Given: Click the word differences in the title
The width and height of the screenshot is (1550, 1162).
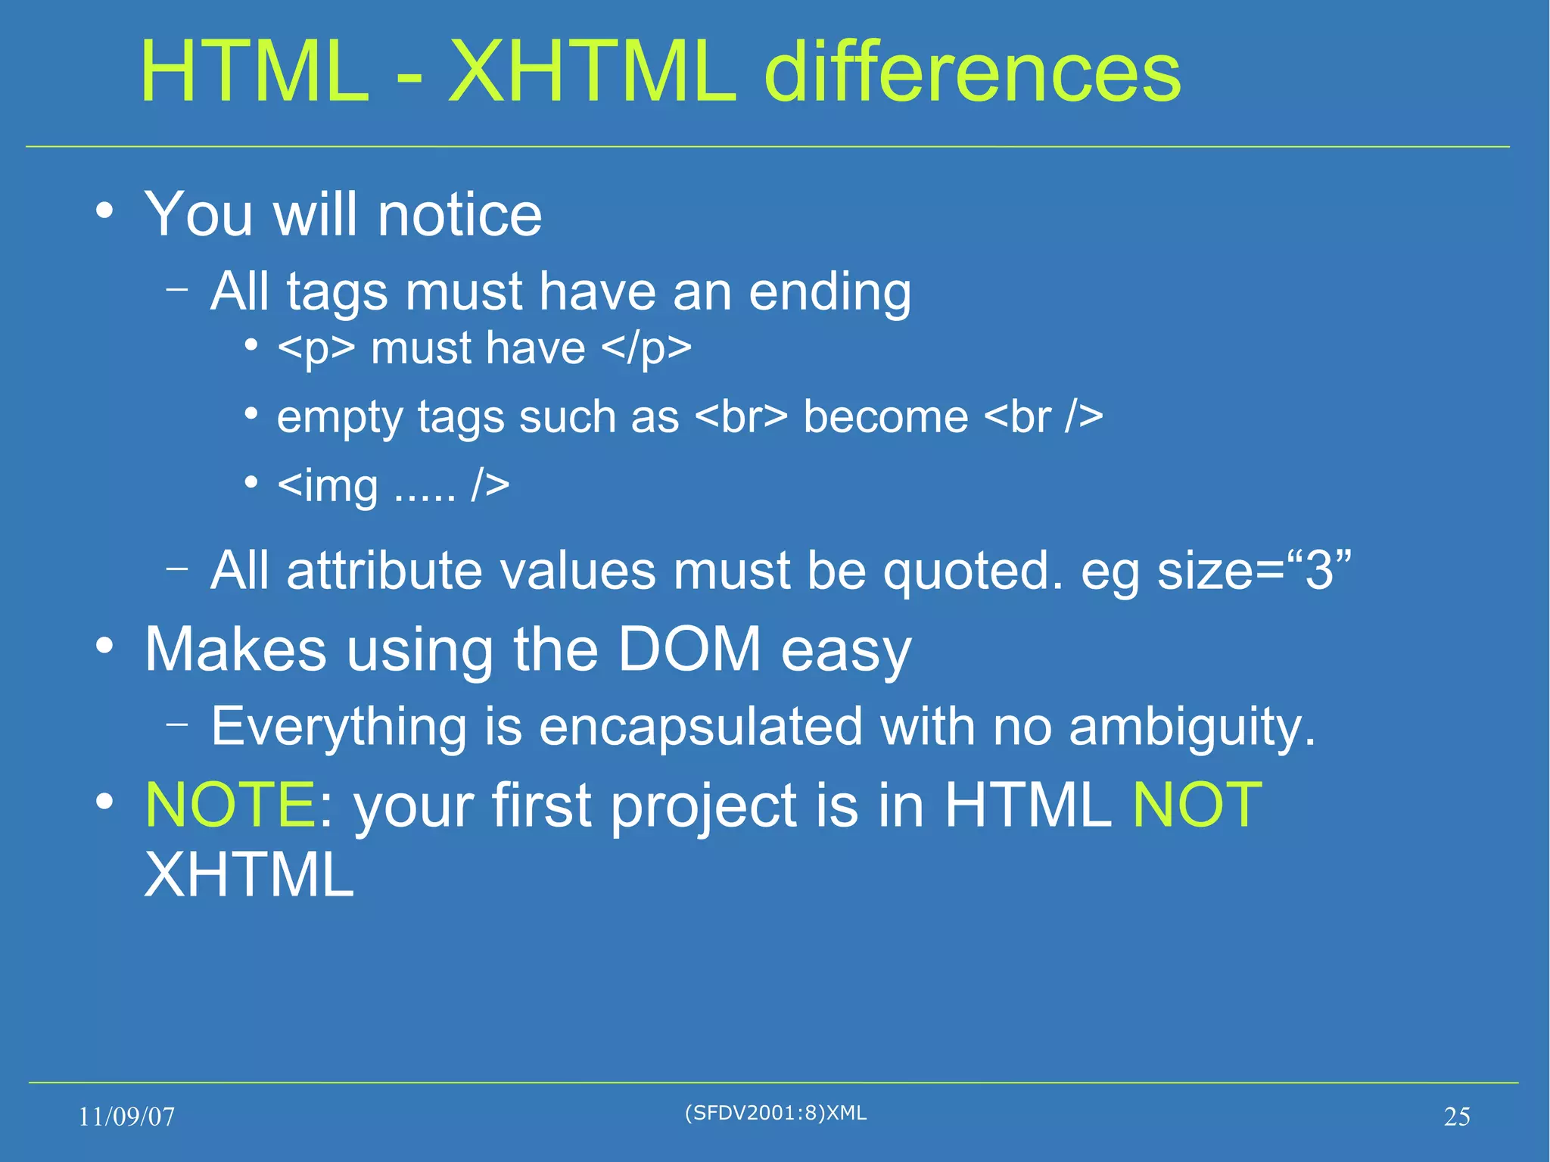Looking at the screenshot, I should point(972,72).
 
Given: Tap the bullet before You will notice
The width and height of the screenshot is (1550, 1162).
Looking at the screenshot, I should point(105,210).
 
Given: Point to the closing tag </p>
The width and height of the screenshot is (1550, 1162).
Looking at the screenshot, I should point(646,349).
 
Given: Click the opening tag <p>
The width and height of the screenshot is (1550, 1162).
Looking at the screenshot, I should point(316,349).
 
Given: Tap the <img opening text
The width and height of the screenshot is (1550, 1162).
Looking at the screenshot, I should point(328,486).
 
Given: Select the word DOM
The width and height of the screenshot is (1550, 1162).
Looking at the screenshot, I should point(689,650).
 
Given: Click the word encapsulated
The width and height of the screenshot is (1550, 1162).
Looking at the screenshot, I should point(700,727).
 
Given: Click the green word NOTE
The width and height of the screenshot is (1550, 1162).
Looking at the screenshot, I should point(230,805).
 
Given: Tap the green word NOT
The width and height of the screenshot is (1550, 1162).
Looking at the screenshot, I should point(1197,805).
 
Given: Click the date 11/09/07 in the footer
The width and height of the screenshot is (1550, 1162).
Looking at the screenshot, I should point(127,1117).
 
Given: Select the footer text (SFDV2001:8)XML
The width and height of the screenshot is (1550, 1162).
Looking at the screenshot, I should point(775,1113).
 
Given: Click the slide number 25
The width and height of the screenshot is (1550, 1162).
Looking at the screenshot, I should point(1456,1117).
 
